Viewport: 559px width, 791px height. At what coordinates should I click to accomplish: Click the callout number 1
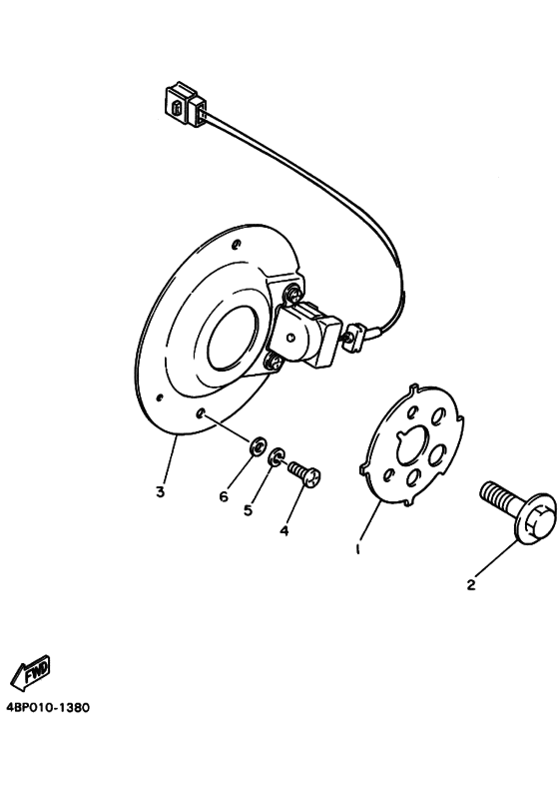click(358, 549)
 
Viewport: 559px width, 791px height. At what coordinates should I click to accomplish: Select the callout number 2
click(471, 585)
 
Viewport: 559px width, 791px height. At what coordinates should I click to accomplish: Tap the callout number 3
click(161, 491)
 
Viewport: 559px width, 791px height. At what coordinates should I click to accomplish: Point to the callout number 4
click(284, 530)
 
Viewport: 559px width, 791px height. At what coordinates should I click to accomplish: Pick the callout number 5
click(248, 510)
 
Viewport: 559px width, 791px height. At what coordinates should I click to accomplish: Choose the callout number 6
click(224, 497)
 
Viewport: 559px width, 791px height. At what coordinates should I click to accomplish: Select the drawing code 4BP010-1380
click(48, 708)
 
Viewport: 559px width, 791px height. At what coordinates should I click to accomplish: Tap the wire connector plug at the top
click(186, 105)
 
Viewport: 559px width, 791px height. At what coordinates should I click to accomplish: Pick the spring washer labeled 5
click(277, 456)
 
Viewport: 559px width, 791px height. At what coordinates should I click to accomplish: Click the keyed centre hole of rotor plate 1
click(413, 446)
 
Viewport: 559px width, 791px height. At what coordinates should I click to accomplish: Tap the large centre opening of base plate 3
click(234, 339)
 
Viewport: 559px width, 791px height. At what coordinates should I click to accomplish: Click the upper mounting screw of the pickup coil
click(294, 294)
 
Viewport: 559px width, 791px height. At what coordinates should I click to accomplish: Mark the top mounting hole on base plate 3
click(235, 246)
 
